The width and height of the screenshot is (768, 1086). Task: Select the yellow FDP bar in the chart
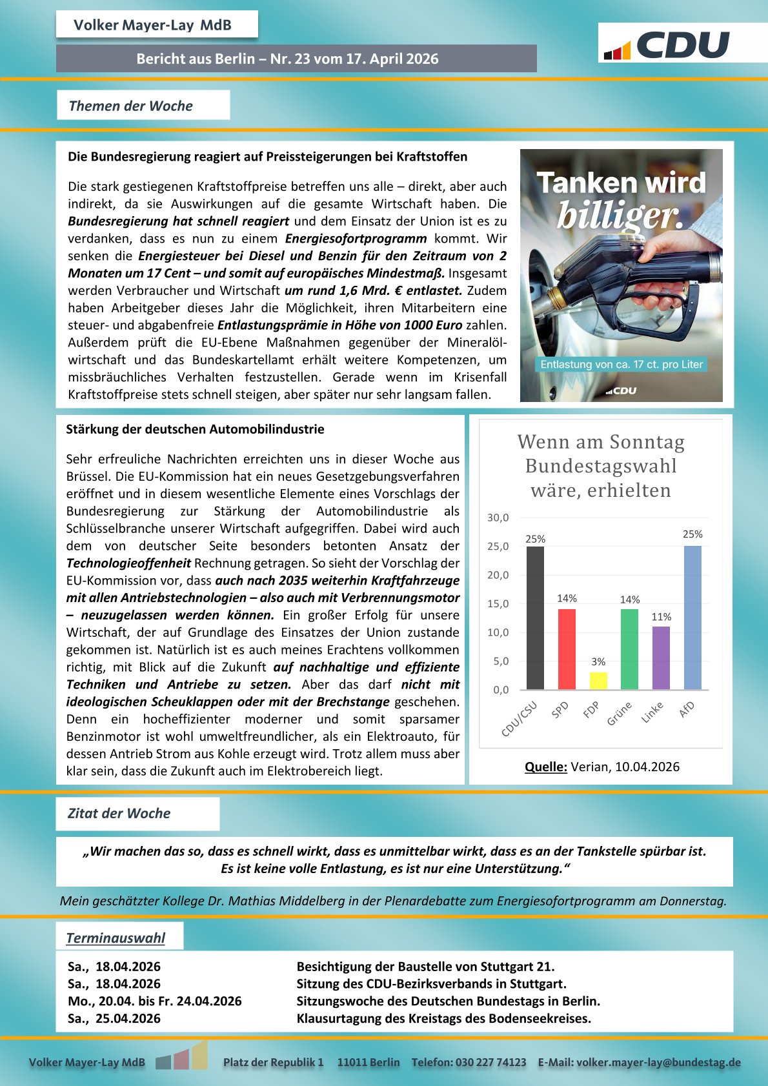(x=598, y=681)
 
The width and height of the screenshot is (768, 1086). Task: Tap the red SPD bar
(x=567, y=649)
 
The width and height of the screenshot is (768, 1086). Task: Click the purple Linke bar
(x=661, y=658)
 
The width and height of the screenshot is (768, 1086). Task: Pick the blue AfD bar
(x=692, y=618)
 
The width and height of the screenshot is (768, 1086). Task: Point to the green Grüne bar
(x=629, y=649)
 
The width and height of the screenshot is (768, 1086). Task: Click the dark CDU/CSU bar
(x=535, y=618)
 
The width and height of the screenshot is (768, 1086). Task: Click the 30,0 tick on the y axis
(x=498, y=518)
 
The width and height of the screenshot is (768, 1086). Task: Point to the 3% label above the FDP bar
(x=598, y=662)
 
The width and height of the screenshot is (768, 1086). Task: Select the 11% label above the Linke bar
(x=661, y=617)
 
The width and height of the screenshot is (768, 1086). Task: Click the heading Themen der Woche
(x=131, y=106)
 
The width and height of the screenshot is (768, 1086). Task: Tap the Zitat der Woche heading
(x=119, y=813)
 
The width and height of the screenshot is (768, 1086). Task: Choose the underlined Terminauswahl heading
(x=116, y=938)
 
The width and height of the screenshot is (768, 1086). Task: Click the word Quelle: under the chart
(x=545, y=767)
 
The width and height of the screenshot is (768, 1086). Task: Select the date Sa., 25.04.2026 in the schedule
(x=114, y=1018)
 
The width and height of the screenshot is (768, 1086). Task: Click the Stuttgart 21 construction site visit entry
(x=425, y=967)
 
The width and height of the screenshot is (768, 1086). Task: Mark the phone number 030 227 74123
(x=490, y=1062)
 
